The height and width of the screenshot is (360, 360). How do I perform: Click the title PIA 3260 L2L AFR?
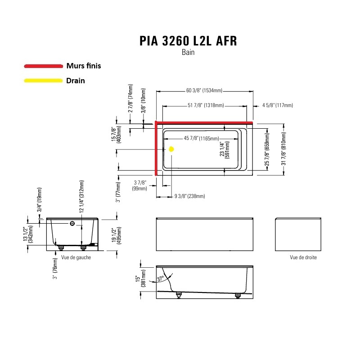pyautogui.click(x=188, y=41)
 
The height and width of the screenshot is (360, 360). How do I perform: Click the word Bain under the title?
pyautogui.click(x=188, y=52)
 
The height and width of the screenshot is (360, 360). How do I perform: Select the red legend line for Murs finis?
pyautogui.click(x=43, y=66)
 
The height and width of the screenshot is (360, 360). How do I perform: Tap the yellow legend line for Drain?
pyautogui.click(x=43, y=81)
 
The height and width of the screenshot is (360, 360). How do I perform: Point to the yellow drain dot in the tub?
pyautogui.click(x=171, y=149)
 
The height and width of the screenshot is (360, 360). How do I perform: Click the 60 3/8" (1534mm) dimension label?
pyautogui.click(x=204, y=90)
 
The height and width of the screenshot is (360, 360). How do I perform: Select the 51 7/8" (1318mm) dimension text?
pyautogui.click(x=206, y=105)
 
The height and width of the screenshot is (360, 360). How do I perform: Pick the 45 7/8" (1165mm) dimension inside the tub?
pyautogui.click(x=201, y=139)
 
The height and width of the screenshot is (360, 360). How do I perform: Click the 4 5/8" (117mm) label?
pyautogui.click(x=278, y=105)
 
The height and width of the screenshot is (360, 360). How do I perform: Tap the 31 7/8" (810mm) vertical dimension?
pyautogui.click(x=283, y=148)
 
